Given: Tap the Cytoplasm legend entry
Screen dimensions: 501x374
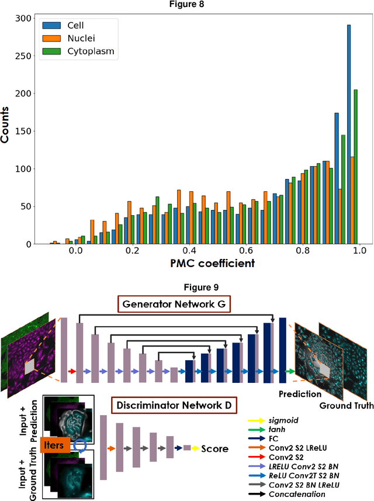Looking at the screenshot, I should (88, 51).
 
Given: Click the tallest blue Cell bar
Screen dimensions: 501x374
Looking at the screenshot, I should (349, 134).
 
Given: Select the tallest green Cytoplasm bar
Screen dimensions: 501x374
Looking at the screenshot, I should (355, 167).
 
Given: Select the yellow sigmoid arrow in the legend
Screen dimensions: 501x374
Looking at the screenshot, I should (256, 403).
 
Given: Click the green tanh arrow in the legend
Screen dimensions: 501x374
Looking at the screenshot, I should (256, 414).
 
